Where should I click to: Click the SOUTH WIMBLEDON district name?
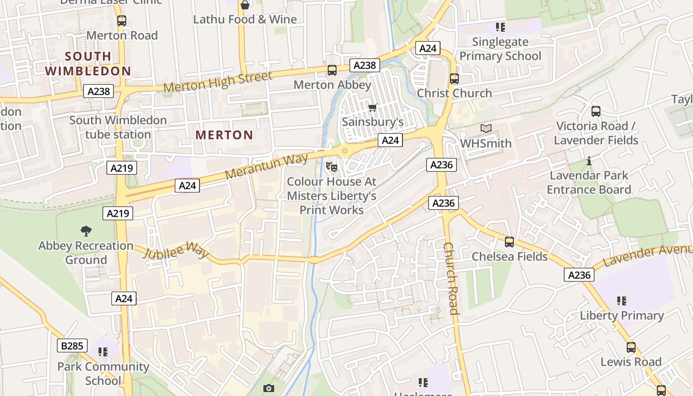coord(88,63)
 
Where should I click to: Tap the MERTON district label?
coord(224,135)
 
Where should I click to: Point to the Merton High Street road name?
coord(218,82)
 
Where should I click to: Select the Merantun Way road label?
coord(266,167)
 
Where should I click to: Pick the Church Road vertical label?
coord(451,278)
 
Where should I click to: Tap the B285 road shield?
coord(72,346)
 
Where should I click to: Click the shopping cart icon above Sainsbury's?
coord(373,107)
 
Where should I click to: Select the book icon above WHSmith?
coord(486,129)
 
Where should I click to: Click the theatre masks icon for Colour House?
coord(332,167)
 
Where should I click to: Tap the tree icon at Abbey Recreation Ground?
coord(86,231)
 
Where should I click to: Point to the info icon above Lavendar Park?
coord(589,161)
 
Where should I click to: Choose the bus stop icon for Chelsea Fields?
coord(509,242)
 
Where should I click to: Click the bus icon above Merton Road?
coord(122,21)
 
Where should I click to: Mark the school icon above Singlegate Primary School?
coord(500,27)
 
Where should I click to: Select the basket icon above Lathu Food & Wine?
coord(245,5)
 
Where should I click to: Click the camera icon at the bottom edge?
coord(268,388)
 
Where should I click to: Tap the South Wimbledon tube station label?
coord(118,127)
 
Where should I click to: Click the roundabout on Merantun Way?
coord(345,150)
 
